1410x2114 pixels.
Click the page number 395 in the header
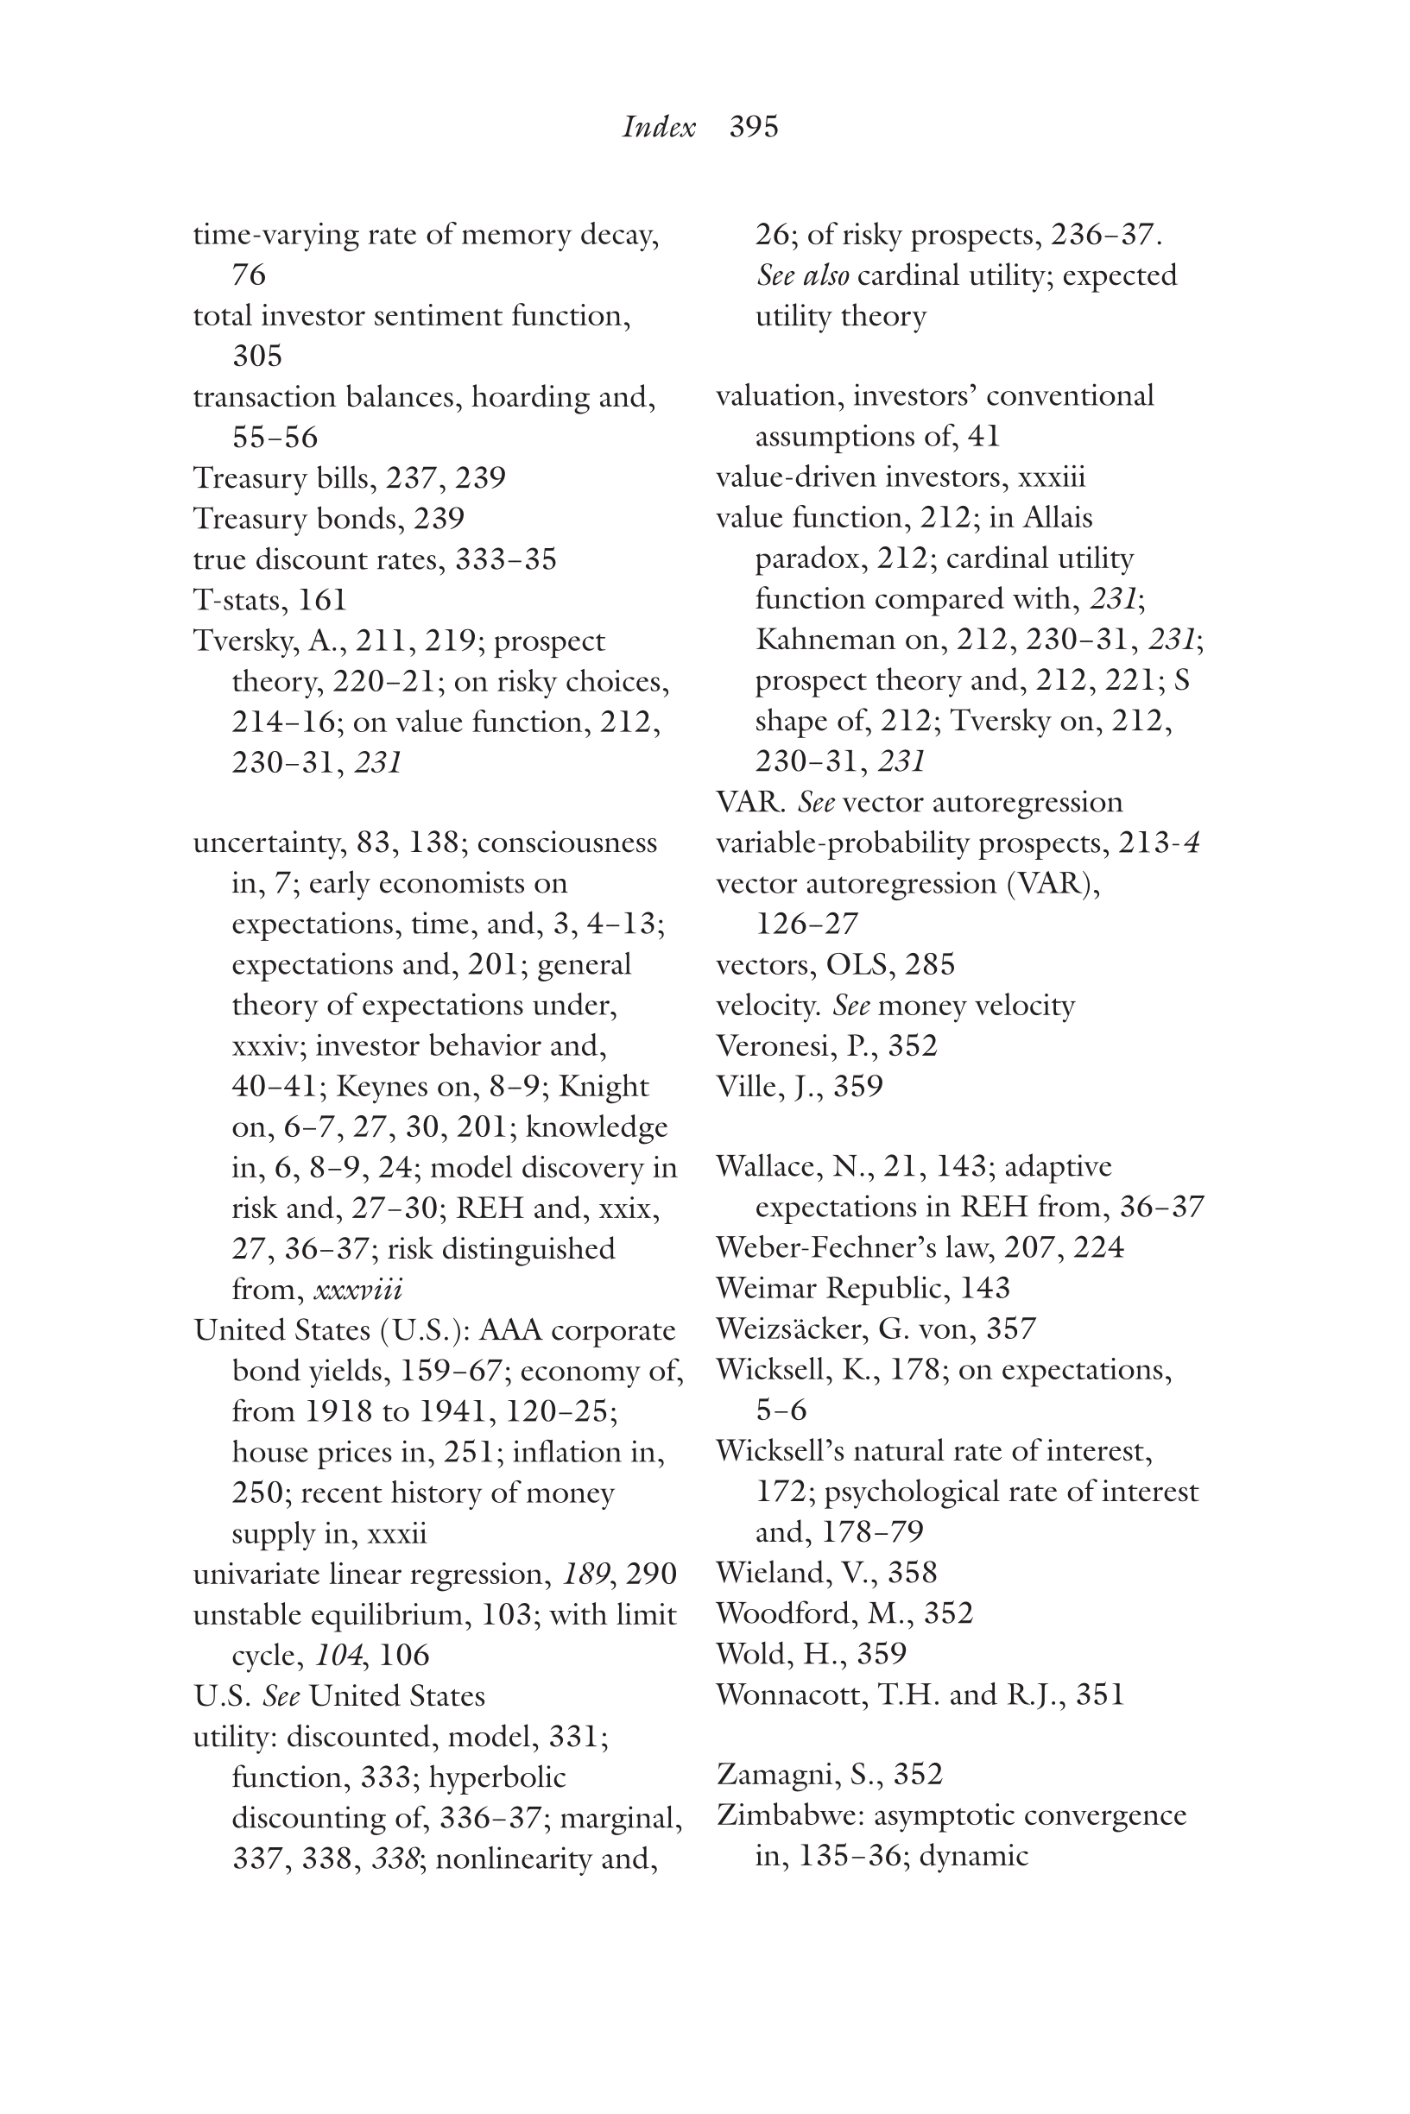click(754, 127)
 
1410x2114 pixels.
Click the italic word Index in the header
click(658, 127)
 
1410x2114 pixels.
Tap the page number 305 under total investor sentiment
click(257, 357)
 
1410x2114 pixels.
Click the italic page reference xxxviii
click(357, 1290)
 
